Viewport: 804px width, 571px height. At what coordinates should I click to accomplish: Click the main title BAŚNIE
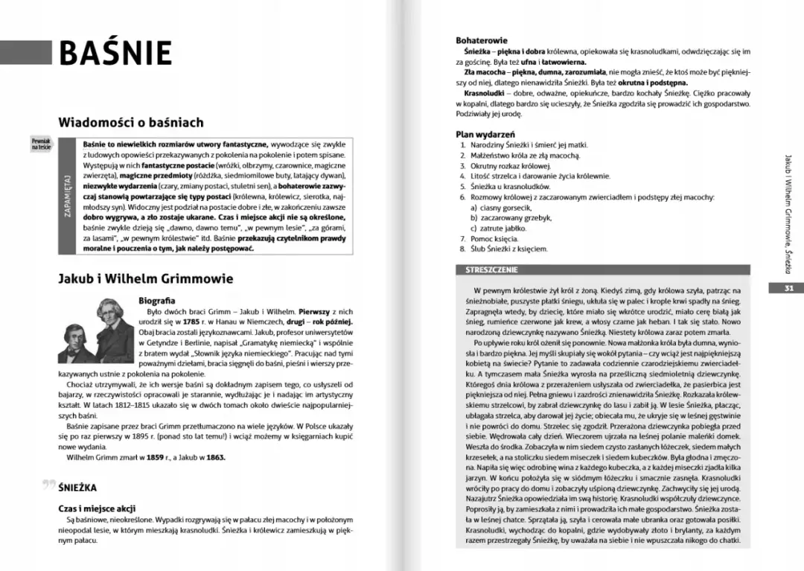coord(115,53)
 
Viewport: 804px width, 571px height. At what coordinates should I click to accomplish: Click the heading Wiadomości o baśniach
coord(130,122)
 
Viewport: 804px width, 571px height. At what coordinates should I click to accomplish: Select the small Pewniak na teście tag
coord(41,143)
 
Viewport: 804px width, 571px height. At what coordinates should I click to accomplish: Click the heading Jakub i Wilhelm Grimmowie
coord(145,278)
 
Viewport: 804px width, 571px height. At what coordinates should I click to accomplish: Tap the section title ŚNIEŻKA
coord(77,488)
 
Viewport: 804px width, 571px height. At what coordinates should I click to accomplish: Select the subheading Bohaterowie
coord(482,40)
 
